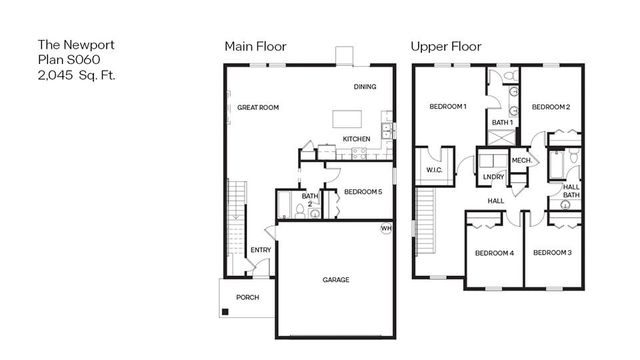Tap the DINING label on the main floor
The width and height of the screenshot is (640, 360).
pyautogui.click(x=364, y=87)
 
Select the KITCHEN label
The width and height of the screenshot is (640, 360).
pyautogui.click(x=356, y=139)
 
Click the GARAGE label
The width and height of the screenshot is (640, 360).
pyautogui.click(x=336, y=280)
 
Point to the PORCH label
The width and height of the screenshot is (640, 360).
pyautogui.click(x=247, y=297)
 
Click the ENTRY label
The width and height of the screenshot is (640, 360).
pyautogui.click(x=260, y=250)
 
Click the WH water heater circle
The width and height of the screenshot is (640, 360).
pyautogui.click(x=385, y=229)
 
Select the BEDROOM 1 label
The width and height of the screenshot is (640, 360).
pyautogui.click(x=448, y=106)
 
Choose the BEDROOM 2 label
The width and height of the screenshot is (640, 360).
pyautogui.click(x=550, y=106)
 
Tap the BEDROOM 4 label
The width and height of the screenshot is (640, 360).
pyautogui.click(x=493, y=253)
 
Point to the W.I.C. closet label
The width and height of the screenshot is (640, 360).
pyautogui.click(x=434, y=170)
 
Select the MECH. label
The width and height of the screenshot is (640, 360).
pyautogui.click(x=521, y=160)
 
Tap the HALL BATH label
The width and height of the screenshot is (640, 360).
pyautogui.click(x=571, y=191)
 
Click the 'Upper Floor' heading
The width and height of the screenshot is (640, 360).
pyautogui.click(x=446, y=46)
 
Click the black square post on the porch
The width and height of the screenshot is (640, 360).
pyautogui.click(x=226, y=313)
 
